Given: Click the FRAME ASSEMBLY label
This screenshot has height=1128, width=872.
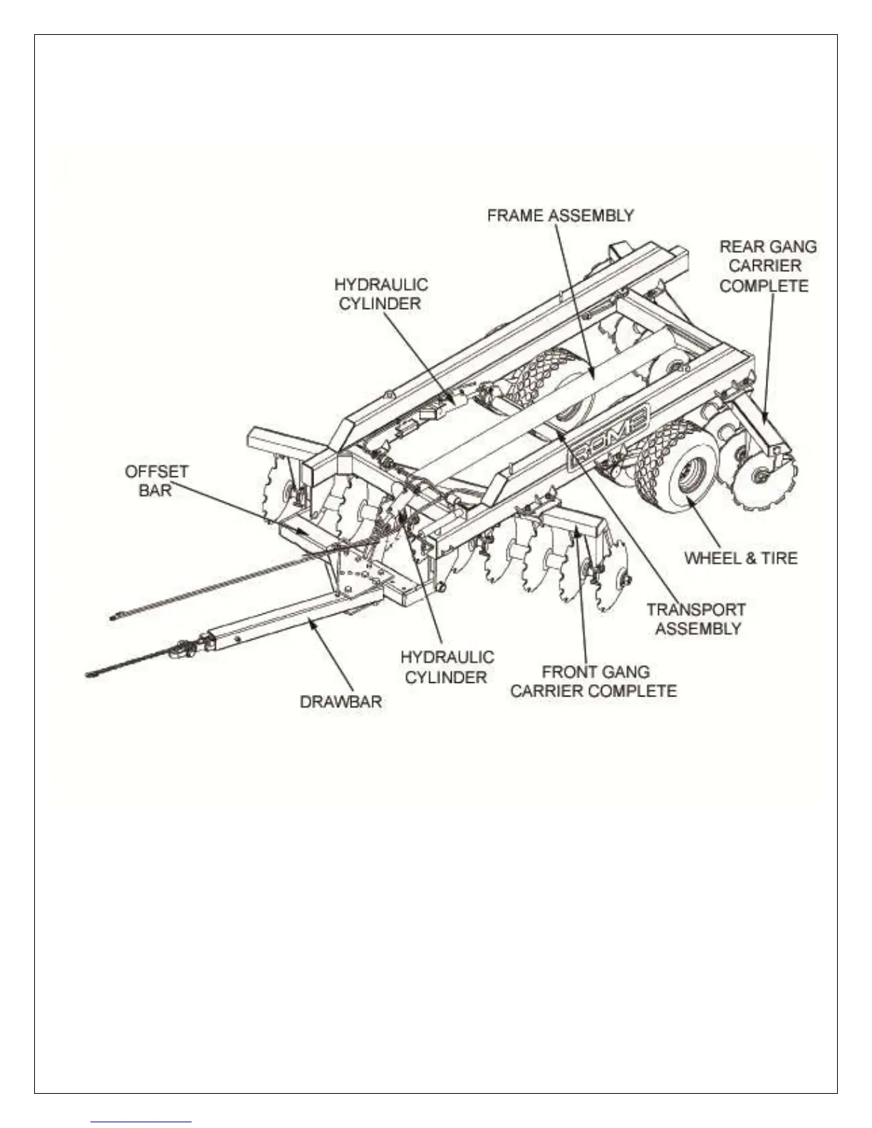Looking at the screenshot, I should point(560,216).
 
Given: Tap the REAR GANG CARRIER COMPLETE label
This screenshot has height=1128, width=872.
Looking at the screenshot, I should point(767,266).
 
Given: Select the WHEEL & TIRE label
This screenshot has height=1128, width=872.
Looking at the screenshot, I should point(740,558).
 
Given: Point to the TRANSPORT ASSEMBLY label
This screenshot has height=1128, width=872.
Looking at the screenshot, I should point(696,619).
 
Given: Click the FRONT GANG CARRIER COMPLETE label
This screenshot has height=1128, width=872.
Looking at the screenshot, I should point(593,681).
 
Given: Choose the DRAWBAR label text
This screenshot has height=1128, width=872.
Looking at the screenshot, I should point(341,701).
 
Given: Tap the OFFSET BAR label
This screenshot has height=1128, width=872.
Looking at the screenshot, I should point(156,481).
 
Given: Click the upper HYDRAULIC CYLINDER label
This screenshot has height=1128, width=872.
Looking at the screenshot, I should point(381,294).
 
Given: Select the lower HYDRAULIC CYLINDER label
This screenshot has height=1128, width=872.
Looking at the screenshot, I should point(447,667).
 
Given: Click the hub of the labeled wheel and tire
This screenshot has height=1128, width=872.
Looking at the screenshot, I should point(690,476).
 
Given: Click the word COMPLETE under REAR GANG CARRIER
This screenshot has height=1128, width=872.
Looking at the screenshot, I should point(764,286).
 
